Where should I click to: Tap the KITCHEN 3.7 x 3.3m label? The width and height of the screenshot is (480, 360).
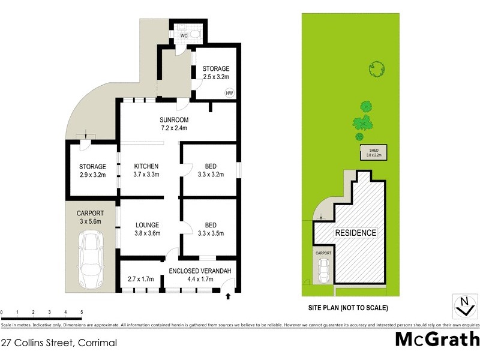tap(146, 170)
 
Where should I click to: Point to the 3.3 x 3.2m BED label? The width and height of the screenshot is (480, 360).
tap(210, 170)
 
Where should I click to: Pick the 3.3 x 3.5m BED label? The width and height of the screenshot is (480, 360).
tap(210, 229)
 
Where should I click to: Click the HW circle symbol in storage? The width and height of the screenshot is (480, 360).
tap(229, 93)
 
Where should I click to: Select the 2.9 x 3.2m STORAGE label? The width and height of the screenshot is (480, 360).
tap(92, 171)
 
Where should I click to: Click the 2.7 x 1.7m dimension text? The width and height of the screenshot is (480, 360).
tap(142, 279)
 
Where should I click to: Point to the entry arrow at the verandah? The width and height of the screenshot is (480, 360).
tap(229, 296)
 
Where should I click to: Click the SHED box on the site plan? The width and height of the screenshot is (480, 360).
tap(373, 152)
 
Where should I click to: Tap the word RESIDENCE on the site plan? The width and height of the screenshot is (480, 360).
tap(355, 233)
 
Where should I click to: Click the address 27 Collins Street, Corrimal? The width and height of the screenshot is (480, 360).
tap(58, 343)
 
